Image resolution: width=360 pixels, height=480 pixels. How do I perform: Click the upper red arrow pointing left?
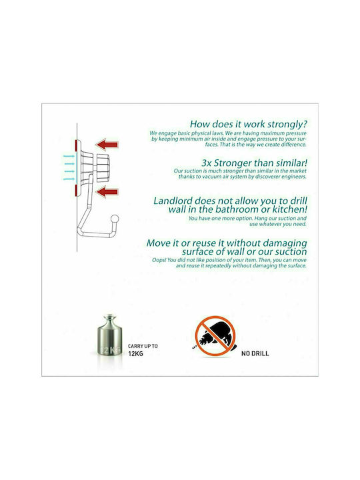[107, 144]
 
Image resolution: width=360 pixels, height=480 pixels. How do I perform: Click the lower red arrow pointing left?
[107, 192]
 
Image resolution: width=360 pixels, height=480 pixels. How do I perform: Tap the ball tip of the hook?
[115, 219]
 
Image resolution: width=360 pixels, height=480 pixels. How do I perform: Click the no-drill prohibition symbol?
[215, 336]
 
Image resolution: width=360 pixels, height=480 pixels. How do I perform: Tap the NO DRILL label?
[255, 353]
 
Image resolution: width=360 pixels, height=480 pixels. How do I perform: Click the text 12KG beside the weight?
[135, 353]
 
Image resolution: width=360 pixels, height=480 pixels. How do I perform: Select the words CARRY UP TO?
[143, 346]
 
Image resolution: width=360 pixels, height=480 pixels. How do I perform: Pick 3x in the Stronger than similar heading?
[206, 163]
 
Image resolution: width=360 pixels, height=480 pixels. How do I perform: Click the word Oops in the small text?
[159, 260]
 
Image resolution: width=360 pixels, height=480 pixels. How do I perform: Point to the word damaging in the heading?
[285, 244]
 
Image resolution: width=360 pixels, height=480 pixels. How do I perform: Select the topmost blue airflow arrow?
[69, 157]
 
